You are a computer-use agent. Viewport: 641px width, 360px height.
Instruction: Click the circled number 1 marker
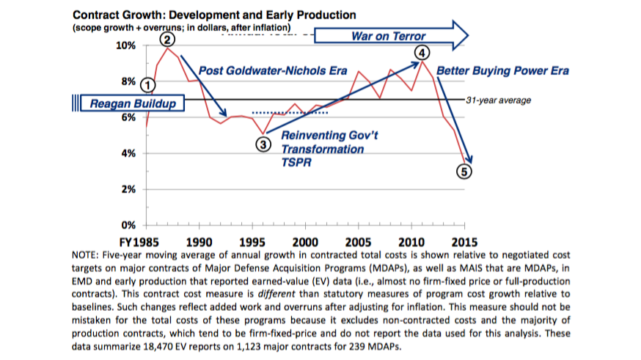pos(147,85)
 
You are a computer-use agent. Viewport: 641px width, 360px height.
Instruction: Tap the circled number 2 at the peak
pos(168,39)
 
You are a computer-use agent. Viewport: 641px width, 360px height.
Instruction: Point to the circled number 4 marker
pos(422,53)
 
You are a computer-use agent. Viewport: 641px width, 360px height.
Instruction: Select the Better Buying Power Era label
pos(502,71)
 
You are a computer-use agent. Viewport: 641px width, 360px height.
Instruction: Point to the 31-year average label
pos(498,99)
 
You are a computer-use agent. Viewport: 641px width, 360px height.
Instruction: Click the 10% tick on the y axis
pos(126,45)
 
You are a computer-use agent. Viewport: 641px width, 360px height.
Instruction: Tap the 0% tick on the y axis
pos(129,224)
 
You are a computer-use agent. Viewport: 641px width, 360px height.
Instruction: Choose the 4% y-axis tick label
pos(129,153)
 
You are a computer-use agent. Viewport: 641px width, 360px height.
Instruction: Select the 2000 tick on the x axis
pos(304,240)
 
